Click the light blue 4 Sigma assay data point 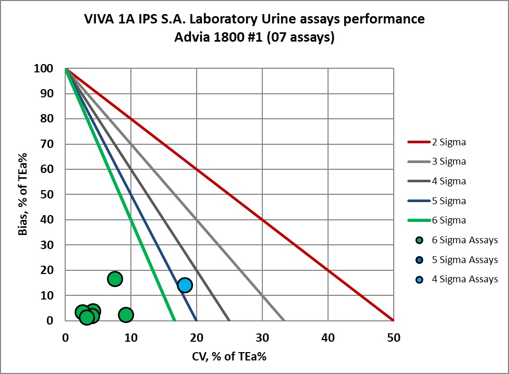pyautogui.click(x=185, y=285)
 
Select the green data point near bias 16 pyautogui.click(x=115, y=279)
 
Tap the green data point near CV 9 pyautogui.click(x=126, y=315)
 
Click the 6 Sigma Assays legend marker pyautogui.click(x=419, y=240)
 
